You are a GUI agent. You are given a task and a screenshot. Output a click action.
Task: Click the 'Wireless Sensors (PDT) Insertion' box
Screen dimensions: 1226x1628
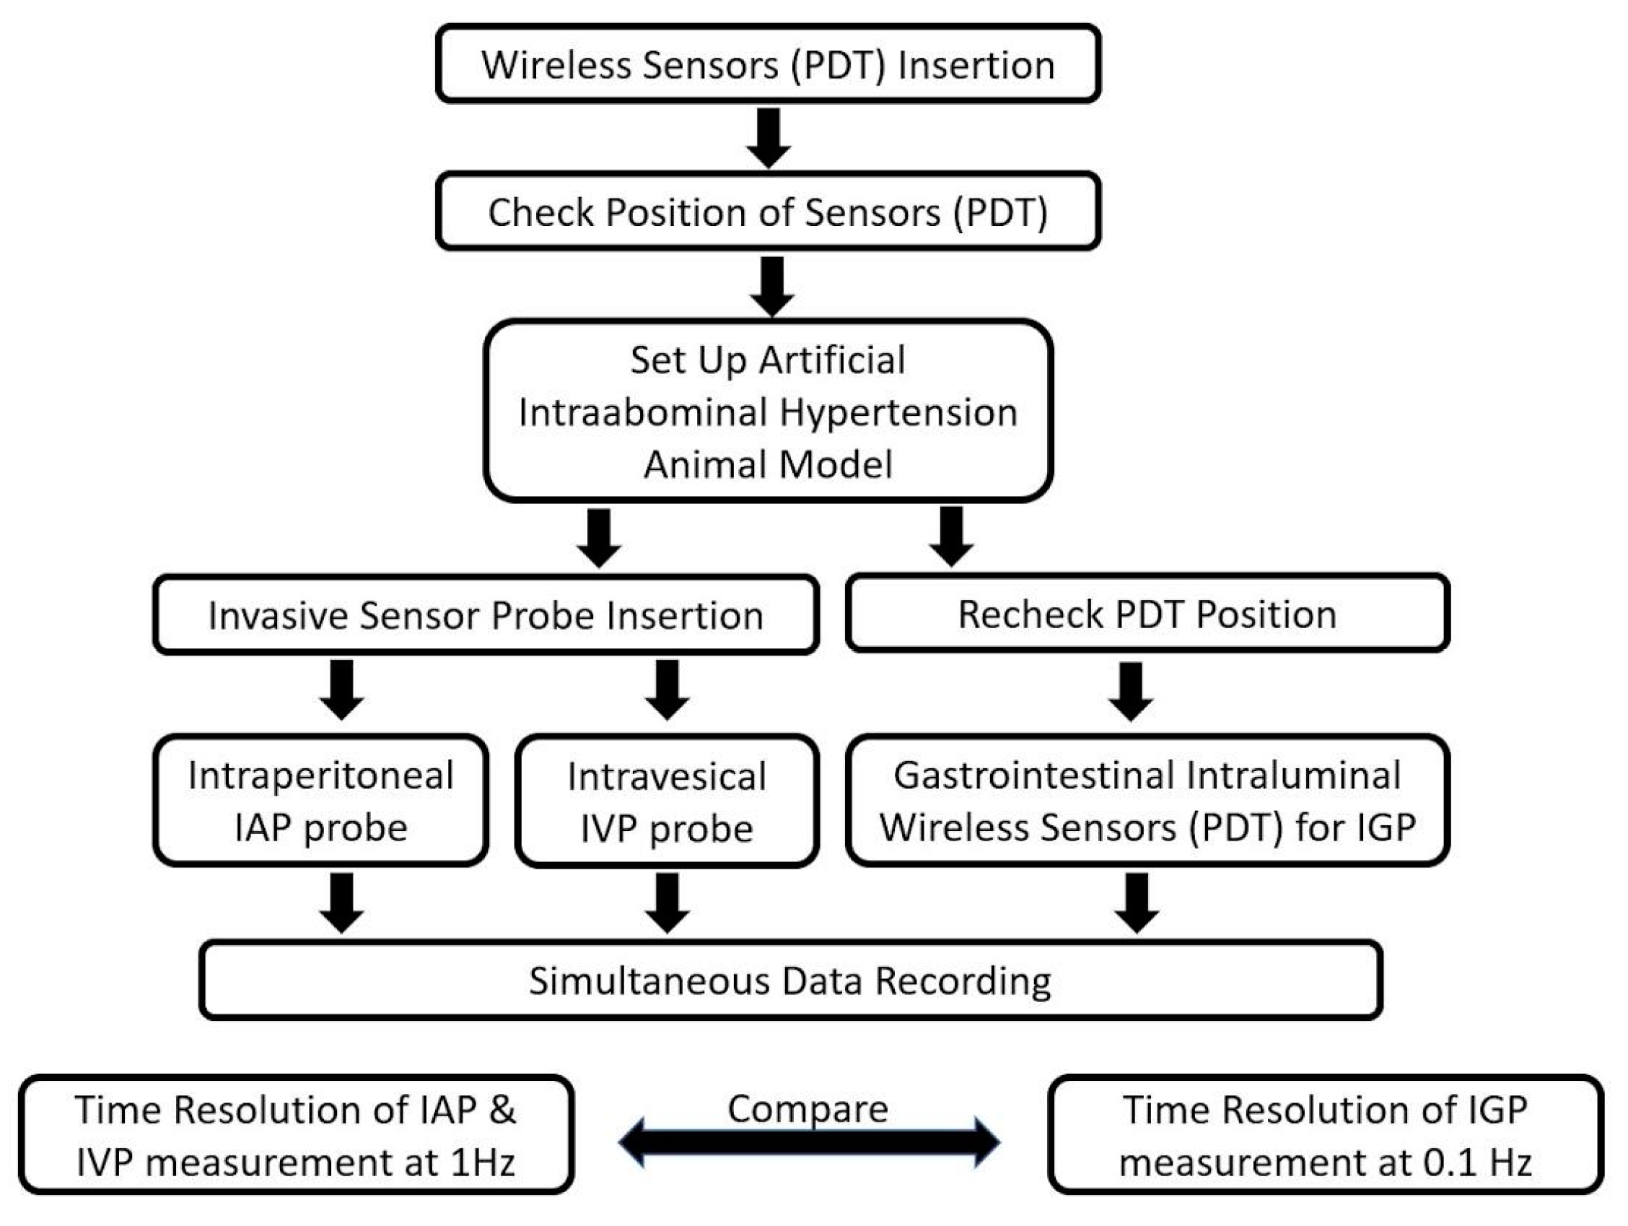tap(768, 64)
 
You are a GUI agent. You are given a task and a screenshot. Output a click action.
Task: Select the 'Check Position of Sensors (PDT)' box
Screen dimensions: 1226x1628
tap(768, 212)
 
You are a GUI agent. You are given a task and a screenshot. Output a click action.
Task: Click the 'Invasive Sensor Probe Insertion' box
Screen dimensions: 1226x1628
tap(486, 615)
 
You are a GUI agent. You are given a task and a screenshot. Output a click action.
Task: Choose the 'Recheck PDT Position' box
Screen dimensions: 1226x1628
tap(1147, 614)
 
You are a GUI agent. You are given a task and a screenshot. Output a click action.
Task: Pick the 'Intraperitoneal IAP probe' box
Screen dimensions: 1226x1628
tap(320, 801)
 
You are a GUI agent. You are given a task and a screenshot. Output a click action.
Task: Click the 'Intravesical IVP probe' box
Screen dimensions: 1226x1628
tap(667, 802)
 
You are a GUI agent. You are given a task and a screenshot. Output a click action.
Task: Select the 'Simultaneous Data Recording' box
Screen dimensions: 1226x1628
tap(789, 980)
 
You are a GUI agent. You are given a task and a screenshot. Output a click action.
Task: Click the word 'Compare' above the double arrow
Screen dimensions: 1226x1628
tap(808, 1109)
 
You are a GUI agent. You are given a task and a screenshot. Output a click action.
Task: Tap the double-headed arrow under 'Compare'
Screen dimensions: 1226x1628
tap(808, 1142)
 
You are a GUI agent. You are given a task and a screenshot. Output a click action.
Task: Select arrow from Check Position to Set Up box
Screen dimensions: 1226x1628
tap(771, 286)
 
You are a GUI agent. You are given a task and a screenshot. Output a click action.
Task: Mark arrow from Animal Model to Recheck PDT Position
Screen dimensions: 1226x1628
tap(951, 536)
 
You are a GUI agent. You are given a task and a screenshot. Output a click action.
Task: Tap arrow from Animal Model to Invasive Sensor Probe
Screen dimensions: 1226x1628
tap(598, 537)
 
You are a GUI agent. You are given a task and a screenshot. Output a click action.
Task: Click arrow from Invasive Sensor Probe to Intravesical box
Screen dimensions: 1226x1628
tap(667, 690)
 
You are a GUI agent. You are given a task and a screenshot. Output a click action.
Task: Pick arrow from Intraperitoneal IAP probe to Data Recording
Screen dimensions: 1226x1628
tap(341, 903)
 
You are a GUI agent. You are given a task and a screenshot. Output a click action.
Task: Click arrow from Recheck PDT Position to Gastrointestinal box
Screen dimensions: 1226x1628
tap(1130, 691)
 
